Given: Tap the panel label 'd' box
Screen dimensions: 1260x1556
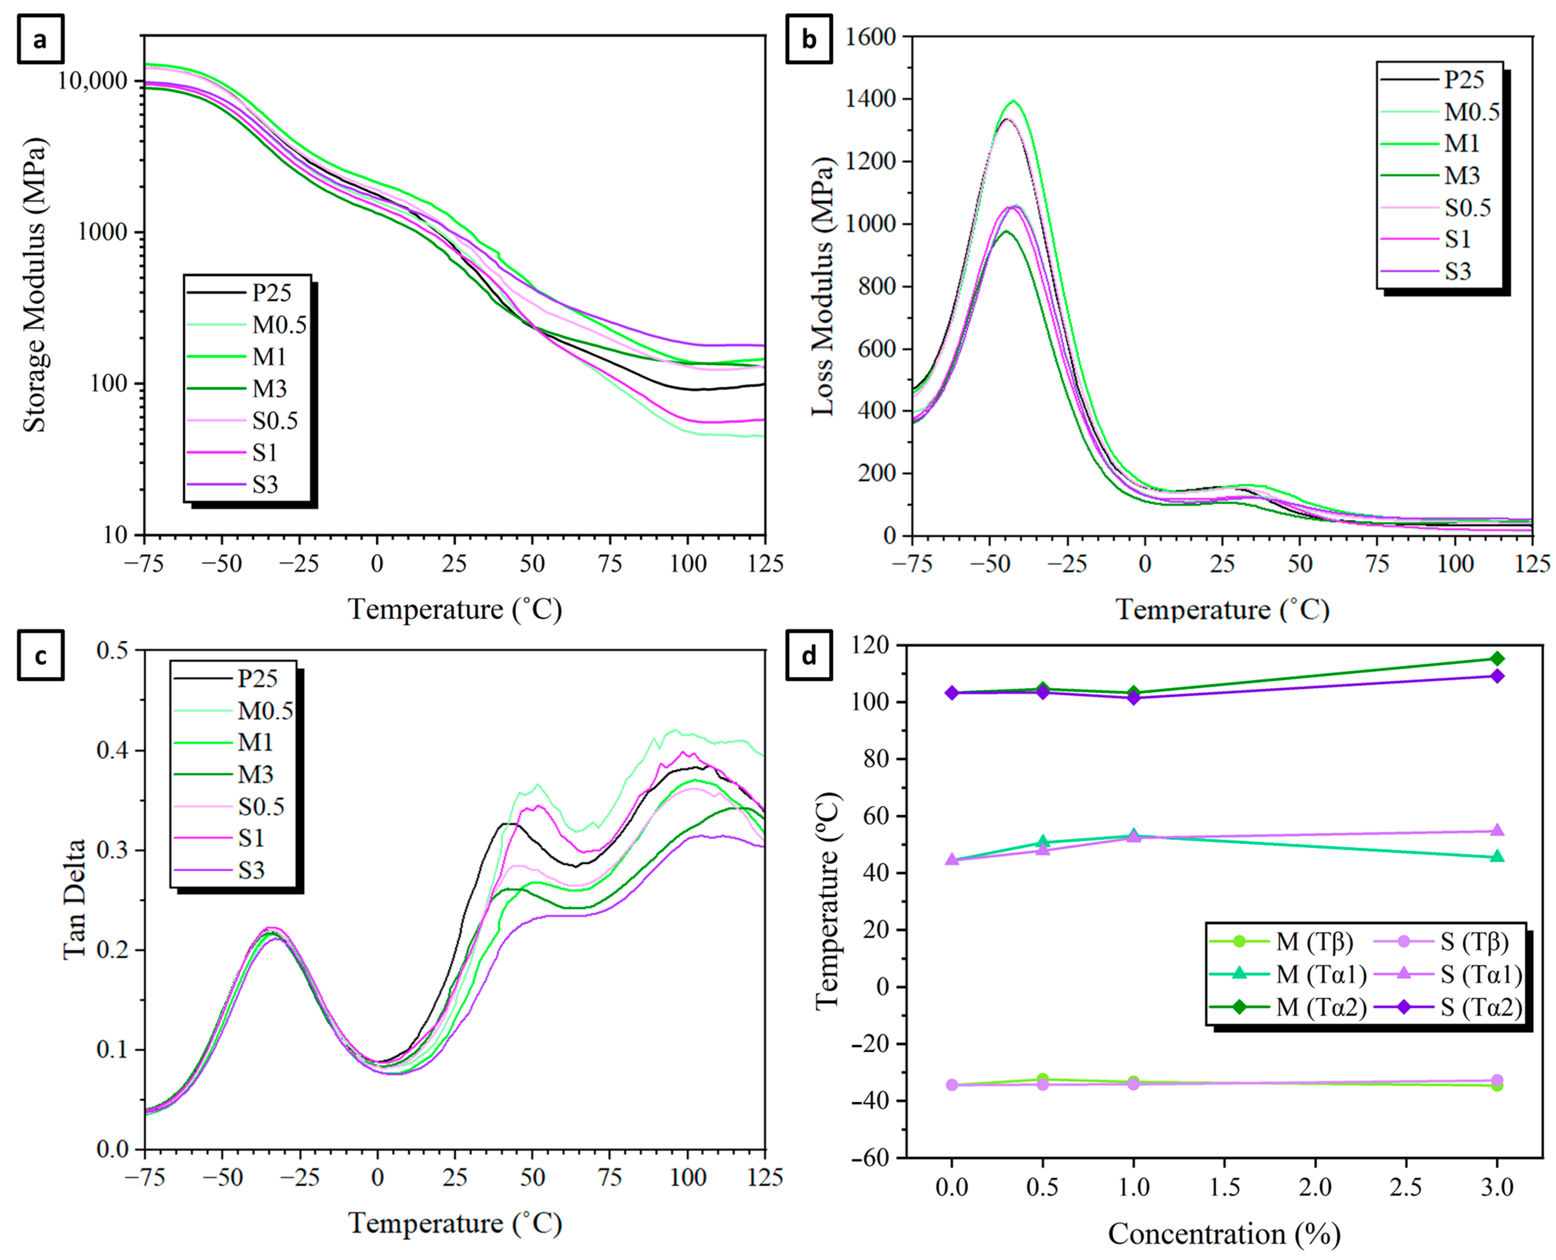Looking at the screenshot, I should [808, 656].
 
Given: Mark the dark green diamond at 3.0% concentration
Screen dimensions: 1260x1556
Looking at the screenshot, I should [1496, 659].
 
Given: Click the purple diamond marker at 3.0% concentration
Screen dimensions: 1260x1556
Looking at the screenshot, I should [1496, 676].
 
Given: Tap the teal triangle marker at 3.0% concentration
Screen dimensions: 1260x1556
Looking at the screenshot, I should [1496, 857].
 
